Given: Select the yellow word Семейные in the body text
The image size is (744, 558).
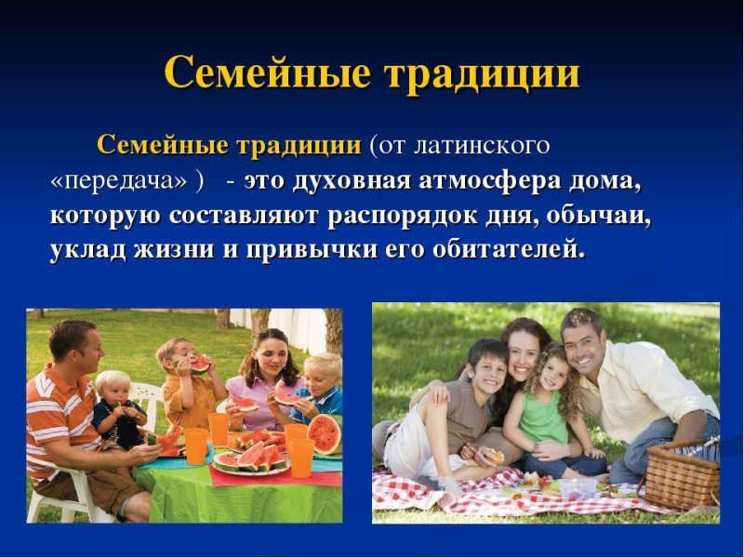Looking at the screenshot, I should pos(163,146).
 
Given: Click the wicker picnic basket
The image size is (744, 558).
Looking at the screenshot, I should pos(682,474).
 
